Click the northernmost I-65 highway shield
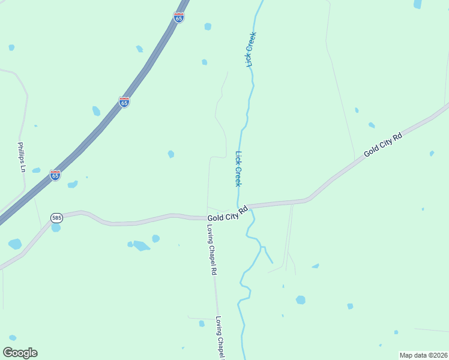point(178,17)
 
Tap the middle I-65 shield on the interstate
point(124,102)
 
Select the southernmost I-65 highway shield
point(55,175)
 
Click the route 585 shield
point(56,218)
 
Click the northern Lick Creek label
point(250,49)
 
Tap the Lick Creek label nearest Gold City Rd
point(238,169)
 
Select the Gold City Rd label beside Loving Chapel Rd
point(228,214)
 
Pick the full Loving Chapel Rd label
point(211,250)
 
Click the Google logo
point(20,353)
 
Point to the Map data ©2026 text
point(424,355)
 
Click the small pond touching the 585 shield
point(56,227)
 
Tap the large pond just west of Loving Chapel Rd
point(142,245)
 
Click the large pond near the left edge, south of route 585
point(15,244)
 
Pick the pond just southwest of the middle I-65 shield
point(96,111)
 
